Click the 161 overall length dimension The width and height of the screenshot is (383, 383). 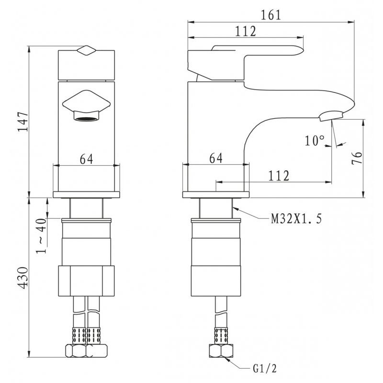270,15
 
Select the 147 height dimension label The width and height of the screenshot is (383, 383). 23,122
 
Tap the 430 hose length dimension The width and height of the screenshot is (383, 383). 23,278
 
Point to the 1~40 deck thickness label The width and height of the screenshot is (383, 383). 41,236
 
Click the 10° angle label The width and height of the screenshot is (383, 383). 315,140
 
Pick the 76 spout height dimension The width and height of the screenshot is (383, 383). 357,158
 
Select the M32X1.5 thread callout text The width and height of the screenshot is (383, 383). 296,219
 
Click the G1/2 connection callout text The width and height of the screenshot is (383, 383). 265,369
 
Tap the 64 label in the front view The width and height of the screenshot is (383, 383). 87,159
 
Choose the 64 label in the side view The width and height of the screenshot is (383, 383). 216,158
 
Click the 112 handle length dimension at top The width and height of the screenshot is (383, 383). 246,31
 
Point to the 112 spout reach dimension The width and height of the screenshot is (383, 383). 279,176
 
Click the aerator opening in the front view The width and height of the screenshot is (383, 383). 86,119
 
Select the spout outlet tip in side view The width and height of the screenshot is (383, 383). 331,115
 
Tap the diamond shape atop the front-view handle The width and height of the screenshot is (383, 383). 86,50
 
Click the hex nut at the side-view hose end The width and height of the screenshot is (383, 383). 221,351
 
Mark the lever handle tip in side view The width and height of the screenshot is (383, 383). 303,50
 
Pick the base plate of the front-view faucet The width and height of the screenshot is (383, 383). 87,195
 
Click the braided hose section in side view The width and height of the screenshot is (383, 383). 221,336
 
